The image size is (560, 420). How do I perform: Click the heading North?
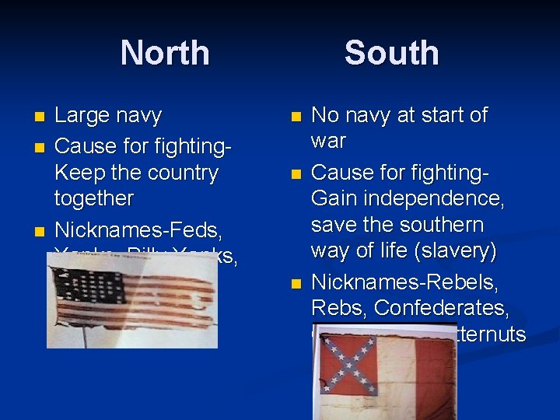(x=165, y=53)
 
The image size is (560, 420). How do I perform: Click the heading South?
(x=391, y=53)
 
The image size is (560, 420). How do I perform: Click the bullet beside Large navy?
(x=40, y=117)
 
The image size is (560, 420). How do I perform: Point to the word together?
(x=94, y=198)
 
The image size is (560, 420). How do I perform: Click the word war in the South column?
(x=328, y=142)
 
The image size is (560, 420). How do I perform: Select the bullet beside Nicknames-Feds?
(x=40, y=231)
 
